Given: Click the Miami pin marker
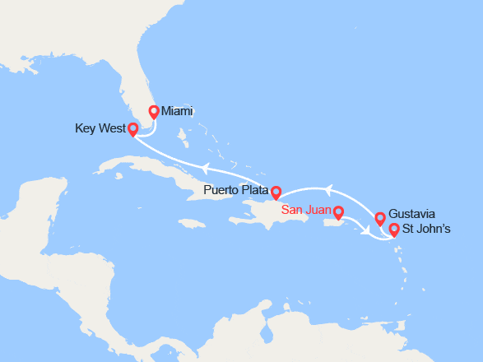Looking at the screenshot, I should click(x=153, y=112).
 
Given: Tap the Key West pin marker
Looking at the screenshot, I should click(x=133, y=129).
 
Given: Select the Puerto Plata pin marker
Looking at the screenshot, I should click(x=276, y=191).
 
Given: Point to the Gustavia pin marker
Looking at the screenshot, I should click(x=379, y=218).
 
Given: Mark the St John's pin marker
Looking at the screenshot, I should click(x=393, y=230).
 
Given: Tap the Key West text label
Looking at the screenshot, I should click(x=99, y=128).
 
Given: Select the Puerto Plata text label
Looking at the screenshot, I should click(x=235, y=191).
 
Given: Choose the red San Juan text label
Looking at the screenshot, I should click(x=306, y=210).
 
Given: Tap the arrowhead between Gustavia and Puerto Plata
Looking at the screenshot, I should click(x=331, y=191).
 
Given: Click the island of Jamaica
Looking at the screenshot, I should click(x=191, y=224).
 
